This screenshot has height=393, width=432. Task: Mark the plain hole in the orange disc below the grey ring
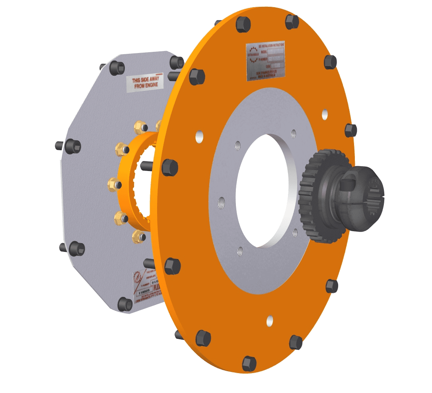[270, 320]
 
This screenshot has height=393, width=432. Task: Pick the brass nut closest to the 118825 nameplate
[139, 236]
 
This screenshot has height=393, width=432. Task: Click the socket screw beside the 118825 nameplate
[125, 304]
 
